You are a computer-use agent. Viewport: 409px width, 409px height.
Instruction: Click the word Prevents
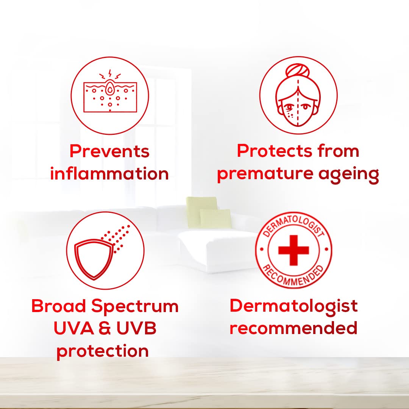pos(109,151)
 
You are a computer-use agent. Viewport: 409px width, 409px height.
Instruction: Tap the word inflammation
pos(109,173)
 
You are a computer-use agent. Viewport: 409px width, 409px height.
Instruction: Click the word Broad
pos(59,306)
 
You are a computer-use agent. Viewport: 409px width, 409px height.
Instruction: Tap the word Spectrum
pos(135,306)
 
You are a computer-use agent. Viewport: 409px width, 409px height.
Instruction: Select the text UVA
pos(74,328)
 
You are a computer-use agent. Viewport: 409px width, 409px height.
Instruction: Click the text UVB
pos(136,328)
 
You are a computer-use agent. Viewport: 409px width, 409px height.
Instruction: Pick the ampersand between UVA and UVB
pos(105,328)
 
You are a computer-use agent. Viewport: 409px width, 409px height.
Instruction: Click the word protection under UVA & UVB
pos(103,351)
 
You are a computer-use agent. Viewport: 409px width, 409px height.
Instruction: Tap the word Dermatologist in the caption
pos(294,306)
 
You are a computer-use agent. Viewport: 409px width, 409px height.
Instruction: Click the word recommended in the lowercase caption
pos(293,328)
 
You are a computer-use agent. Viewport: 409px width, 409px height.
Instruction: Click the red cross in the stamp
pos(294,250)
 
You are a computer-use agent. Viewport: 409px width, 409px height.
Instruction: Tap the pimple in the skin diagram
pos(110,89)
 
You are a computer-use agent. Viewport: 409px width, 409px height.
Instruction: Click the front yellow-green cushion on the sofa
pos(215,219)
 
